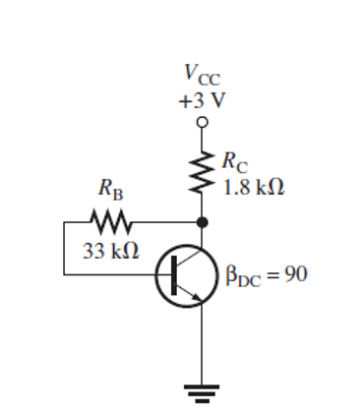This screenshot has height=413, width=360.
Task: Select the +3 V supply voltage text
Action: (x=202, y=98)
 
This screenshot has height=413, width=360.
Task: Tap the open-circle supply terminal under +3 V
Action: (x=203, y=122)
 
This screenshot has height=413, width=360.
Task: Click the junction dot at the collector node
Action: (x=203, y=222)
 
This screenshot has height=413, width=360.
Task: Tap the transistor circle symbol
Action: (x=186, y=275)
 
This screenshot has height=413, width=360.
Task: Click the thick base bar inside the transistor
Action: (x=175, y=276)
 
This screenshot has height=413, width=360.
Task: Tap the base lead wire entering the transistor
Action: (x=162, y=276)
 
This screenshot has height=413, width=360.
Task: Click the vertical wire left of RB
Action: (x=65, y=249)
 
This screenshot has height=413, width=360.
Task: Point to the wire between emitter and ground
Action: (x=203, y=344)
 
